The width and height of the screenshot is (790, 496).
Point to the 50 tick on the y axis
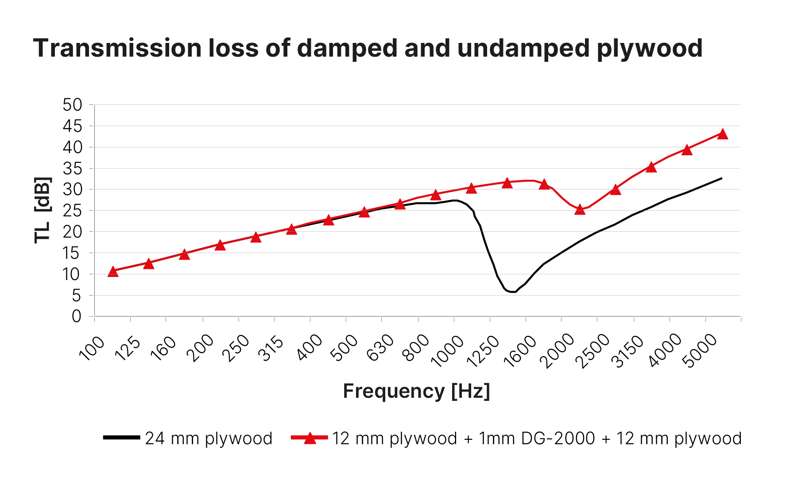click(73, 105)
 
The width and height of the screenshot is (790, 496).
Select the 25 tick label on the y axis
click(73, 211)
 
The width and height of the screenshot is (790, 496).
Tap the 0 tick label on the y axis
click(77, 316)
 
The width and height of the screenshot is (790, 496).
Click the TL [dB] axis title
click(43, 210)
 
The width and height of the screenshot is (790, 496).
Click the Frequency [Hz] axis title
click(416, 391)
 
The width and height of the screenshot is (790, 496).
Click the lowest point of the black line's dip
click(513, 292)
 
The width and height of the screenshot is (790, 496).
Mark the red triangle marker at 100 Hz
click(113, 271)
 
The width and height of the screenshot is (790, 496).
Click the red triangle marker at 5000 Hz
click(723, 134)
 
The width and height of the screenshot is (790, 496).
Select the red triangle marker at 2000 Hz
click(580, 209)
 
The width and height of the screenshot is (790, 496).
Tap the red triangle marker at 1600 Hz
click(544, 184)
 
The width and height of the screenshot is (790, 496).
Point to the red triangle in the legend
click(310, 438)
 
